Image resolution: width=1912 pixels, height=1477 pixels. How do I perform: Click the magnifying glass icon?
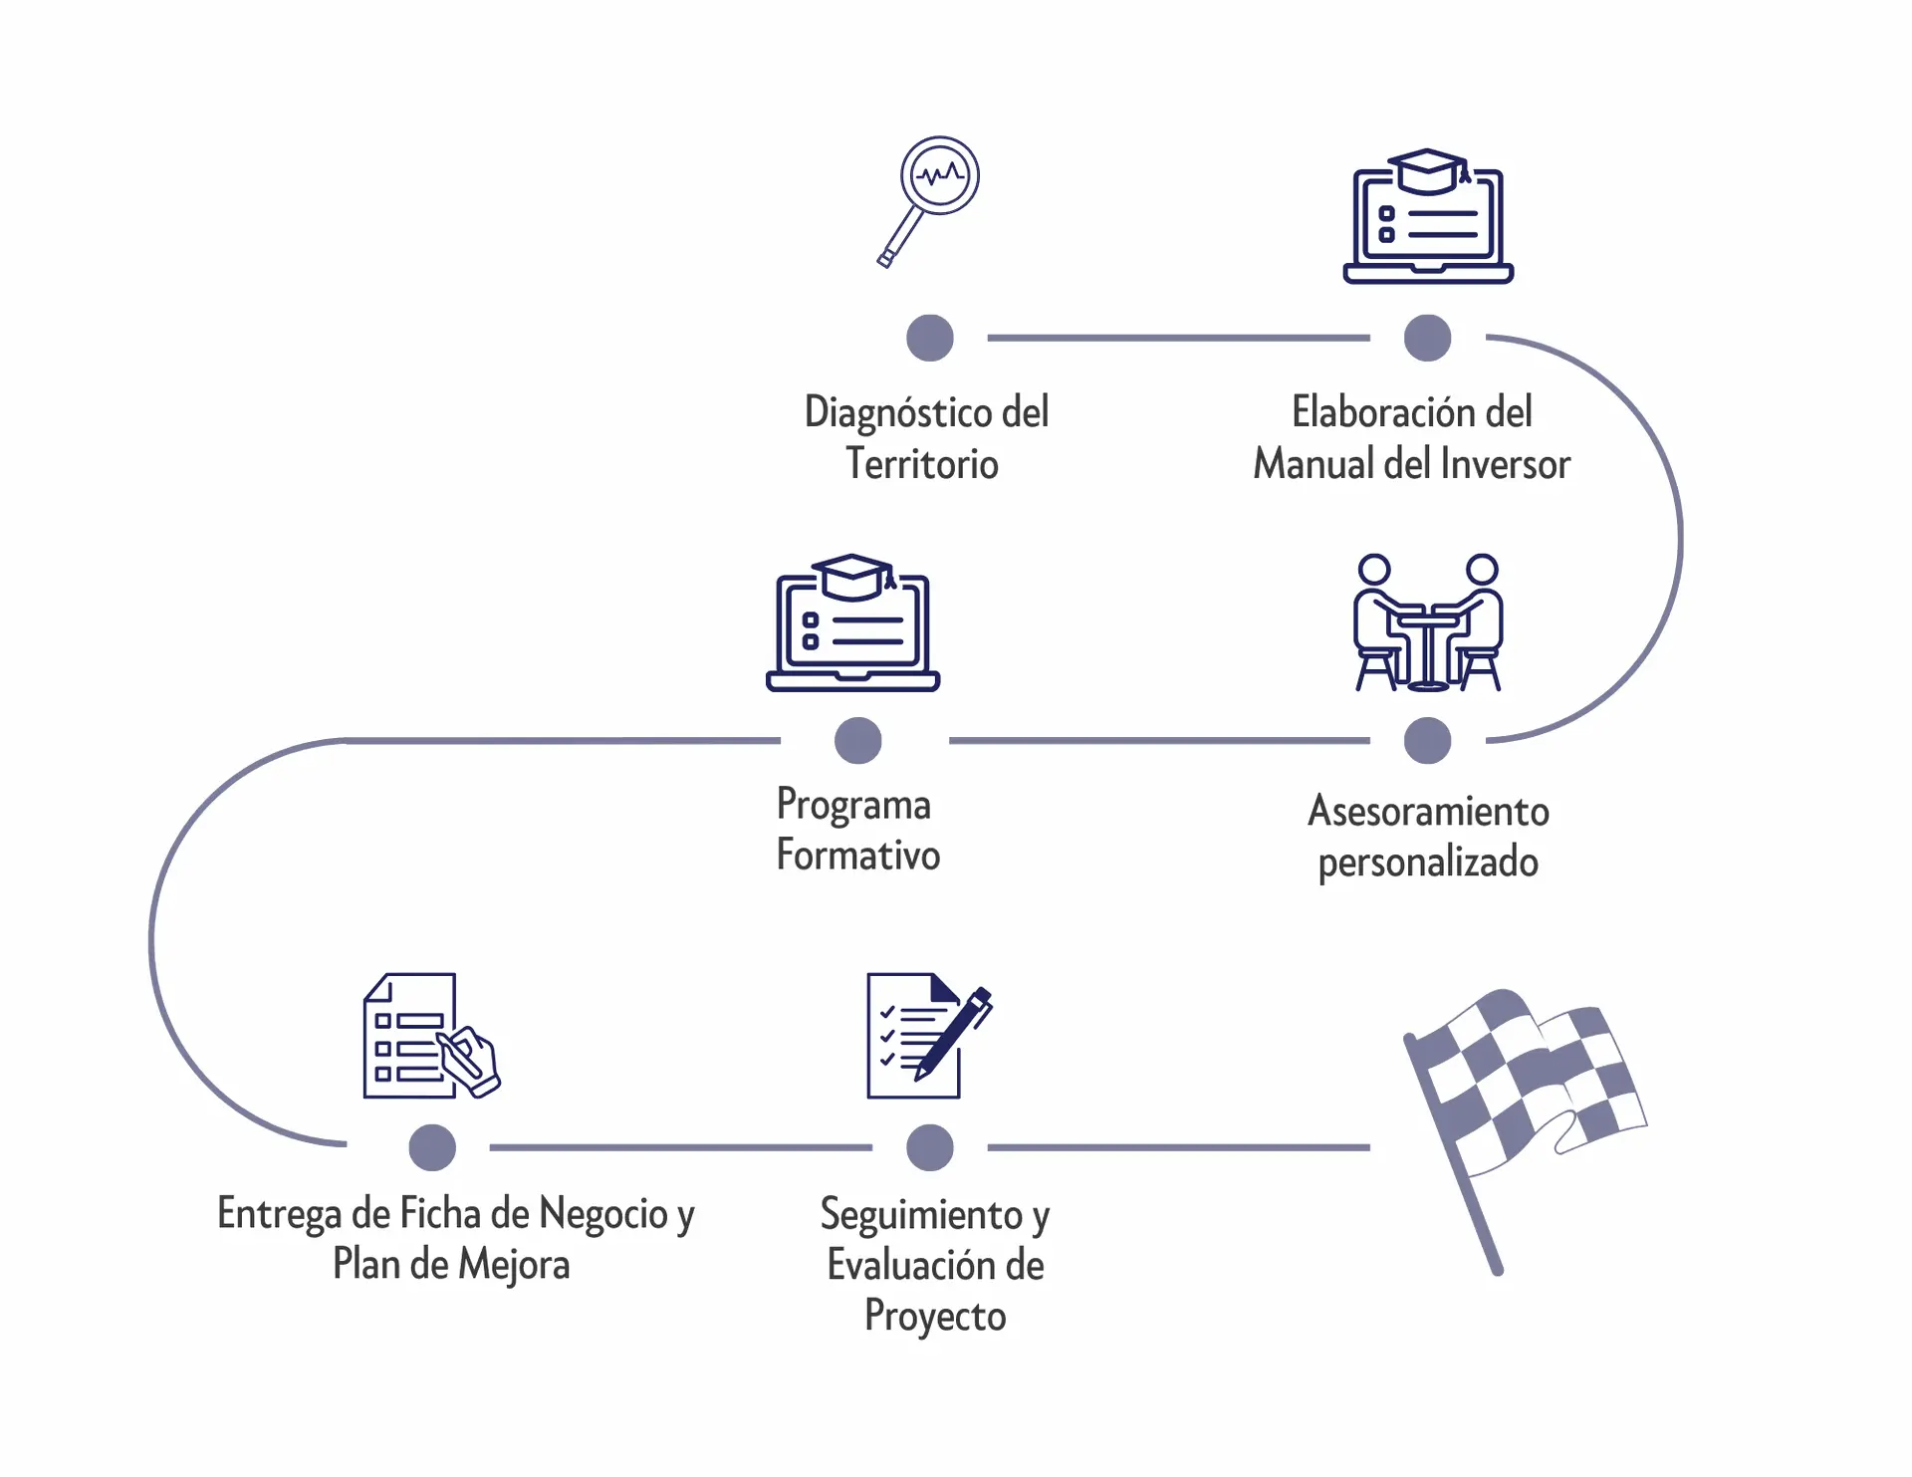(x=930, y=199)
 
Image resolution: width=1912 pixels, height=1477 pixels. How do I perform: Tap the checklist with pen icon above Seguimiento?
(x=927, y=1036)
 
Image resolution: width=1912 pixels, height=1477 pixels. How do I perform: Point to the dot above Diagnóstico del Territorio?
(x=930, y=338)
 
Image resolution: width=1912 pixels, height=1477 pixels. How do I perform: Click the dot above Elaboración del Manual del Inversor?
(x=1427, y=338)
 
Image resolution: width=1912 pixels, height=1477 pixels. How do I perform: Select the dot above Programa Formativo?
(x=858, y=741)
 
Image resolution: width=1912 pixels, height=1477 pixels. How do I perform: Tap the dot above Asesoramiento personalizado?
(x=1427, y=741)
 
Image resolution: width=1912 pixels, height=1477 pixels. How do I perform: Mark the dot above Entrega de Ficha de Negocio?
(x=432, y=1147)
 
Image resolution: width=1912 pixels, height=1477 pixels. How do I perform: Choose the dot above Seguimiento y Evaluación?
(x=930, y=1147)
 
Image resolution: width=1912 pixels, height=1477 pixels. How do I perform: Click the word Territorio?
(x=922, y=464)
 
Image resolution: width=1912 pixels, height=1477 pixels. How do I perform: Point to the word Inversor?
(x=1505, y=464)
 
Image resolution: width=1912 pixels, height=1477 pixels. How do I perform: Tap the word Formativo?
(x=858, y=856)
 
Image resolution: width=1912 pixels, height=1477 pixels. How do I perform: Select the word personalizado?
(x=1428, y=862)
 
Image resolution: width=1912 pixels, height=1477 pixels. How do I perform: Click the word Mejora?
(x=515, y=1265)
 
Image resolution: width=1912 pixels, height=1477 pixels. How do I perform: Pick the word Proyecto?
(x=935, y=1317)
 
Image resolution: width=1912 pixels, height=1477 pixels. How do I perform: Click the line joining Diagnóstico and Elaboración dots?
(x=1178, y=338)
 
